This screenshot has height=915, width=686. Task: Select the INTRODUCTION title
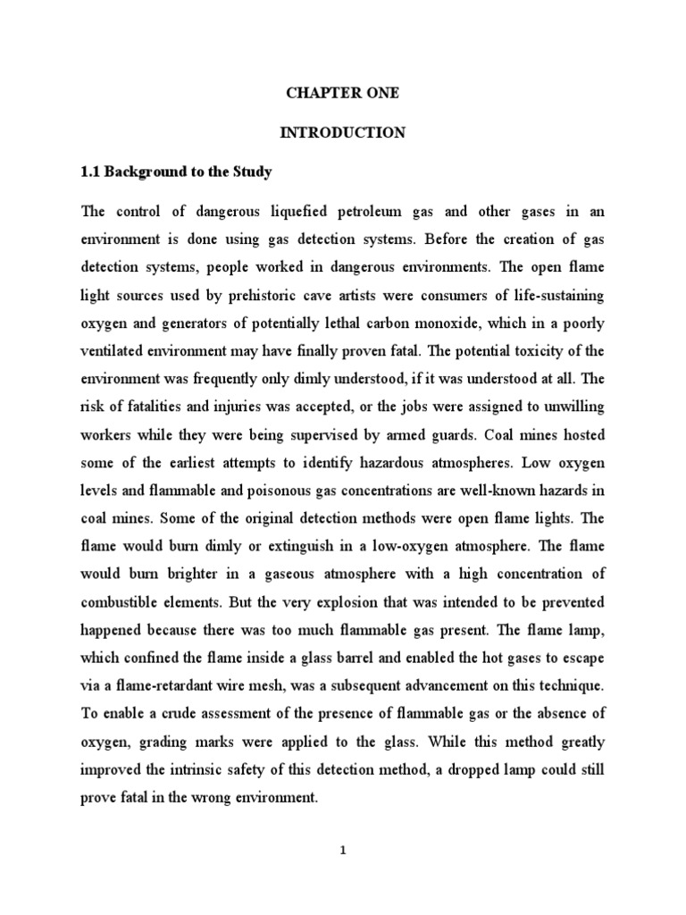point(343,133)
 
